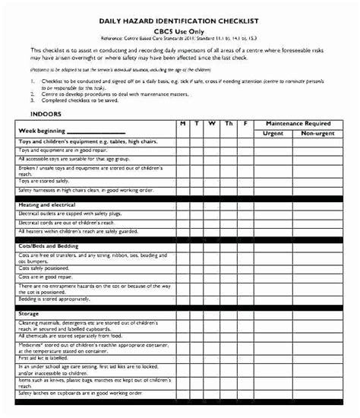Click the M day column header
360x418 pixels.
tap(183, 122)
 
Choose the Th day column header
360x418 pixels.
tap(229, 122)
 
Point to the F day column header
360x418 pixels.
tap(245, 122)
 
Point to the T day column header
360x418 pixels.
tap(198, 122)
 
